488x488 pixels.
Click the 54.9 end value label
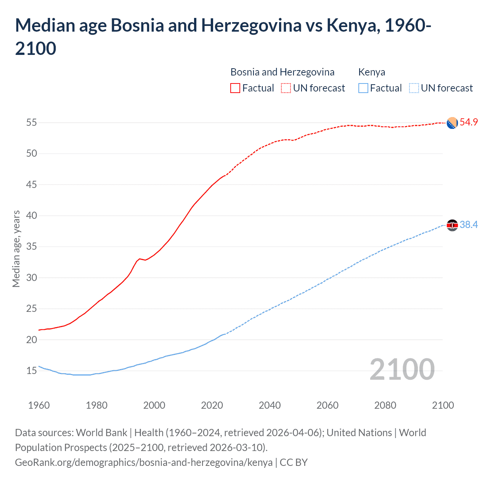click(469, 122)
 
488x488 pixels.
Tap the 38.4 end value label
click(469, 225)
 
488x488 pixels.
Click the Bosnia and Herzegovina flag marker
click(452, 123)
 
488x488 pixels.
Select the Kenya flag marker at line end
click(452, 225)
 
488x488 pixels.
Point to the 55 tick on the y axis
click(31, 123)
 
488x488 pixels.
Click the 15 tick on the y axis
click(31, 371)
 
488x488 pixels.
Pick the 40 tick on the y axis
click(31, 216)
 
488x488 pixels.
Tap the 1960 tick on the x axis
click(39, 405)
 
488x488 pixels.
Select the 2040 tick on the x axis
click(270, 405)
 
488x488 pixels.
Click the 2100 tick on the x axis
click(443, 405)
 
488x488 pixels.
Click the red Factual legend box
click(235, 88)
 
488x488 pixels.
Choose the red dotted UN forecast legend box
click(286, 88)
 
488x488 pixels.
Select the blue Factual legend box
click(363, 88)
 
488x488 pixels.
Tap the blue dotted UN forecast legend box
click(414, 88)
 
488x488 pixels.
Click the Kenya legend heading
click(372, 72)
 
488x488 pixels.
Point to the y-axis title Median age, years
click(16, 249)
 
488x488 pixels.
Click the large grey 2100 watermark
click(402, 369)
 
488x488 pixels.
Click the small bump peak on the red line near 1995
click(140, 259)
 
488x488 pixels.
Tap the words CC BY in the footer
click(294, 462)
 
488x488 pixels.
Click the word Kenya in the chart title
click(351, 26)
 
